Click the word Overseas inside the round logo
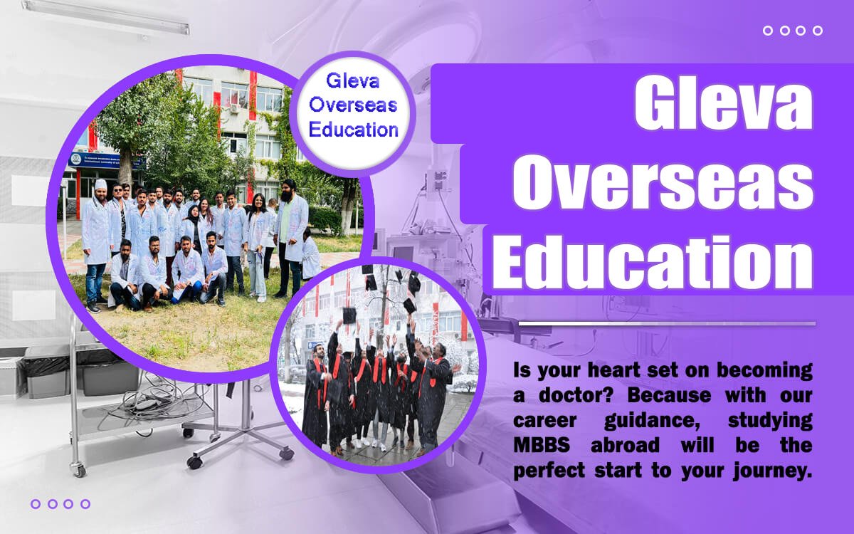(353, 105)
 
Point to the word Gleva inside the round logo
(353, 81)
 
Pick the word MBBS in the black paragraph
(542, 445)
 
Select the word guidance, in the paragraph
(652, 421)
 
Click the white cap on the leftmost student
(100, 184)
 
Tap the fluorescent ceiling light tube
(105, 17)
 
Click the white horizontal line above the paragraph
(668, 324)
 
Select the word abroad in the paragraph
(625, 445)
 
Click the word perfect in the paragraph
(549, 470)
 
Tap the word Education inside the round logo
(354, 130)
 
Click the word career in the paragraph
(545, 421)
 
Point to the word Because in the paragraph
(669, 394)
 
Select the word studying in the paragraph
(770, 421)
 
